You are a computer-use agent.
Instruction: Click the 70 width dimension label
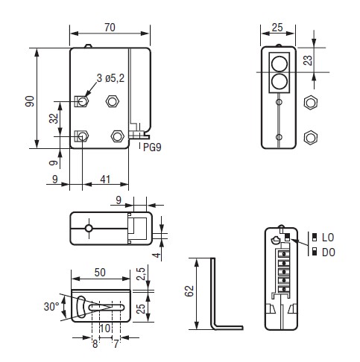click(x=110, y=28)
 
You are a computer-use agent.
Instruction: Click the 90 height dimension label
click(x=30, y=101)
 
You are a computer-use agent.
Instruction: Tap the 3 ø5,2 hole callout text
click(x=110, y=78)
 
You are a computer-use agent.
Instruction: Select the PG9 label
click(x=152, y=147)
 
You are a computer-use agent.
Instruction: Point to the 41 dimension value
click(x=105, y=180)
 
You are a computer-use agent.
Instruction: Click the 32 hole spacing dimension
click(x=54, y=118)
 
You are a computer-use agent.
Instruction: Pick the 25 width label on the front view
click(x=277, y=28)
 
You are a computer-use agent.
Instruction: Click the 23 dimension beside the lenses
click(x=308, y=60)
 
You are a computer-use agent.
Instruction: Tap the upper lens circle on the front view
click(x=280, y=64)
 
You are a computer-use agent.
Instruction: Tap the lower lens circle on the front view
click(x=280, y=81)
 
